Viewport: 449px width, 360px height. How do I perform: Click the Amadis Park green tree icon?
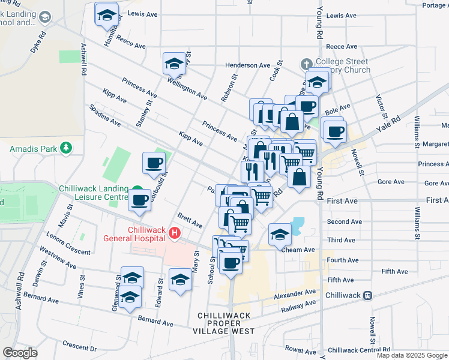tap(66, 148)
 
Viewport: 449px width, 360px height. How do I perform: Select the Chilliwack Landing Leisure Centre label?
tap(93, 192)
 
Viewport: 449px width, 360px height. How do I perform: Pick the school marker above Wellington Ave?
tap(174, 63)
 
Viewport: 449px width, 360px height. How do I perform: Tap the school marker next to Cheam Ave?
tap(280, 234)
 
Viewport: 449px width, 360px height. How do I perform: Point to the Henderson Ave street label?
tap(247, 65)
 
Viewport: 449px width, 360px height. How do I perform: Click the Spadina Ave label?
tap(105, 116)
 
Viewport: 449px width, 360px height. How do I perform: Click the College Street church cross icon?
tap(306, 62)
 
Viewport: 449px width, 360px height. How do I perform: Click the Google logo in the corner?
tap(20, 353)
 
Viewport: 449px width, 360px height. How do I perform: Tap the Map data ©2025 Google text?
tap(411, 355)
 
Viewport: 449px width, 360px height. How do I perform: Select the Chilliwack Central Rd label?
tap(359, 350)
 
